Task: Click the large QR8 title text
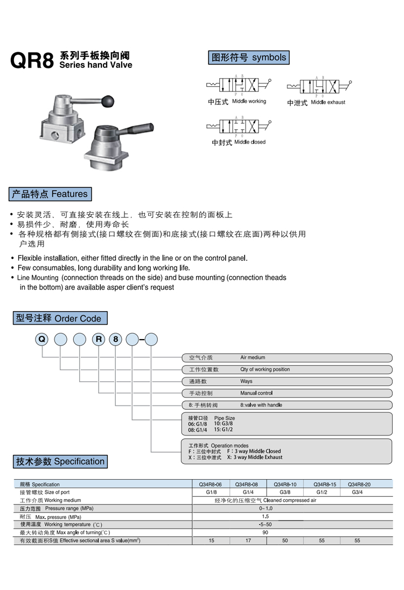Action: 32,61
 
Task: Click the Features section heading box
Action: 50,194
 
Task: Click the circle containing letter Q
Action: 42,340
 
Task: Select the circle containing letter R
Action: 98,340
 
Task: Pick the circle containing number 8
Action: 115,340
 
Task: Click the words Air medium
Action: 253,357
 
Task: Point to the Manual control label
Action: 256,393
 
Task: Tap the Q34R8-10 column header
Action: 285,484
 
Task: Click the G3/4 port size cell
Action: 357,492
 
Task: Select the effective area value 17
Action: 248,540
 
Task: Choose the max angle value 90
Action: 265,532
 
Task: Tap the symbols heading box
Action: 249,58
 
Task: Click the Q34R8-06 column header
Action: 211,484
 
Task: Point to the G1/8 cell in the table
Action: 211,492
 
